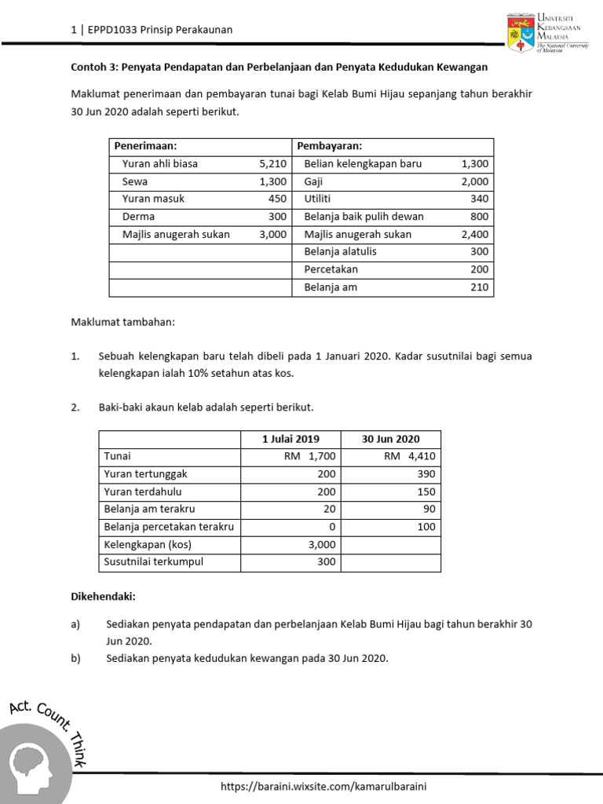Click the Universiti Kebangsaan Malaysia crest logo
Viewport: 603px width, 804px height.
coord(521,32)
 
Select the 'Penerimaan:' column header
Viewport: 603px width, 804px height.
coord(145,146)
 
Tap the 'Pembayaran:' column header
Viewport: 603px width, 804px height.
coord(334,146)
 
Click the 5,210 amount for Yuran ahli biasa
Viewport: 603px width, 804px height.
coord(272,164)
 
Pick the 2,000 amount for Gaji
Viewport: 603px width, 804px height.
coord(474,181)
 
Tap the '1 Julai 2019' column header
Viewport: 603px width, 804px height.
coord(291,439)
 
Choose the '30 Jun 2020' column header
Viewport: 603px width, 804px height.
coord(390,439)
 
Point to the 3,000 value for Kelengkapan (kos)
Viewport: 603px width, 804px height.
coord(322,544)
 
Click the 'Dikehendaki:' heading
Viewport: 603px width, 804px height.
coord(103,598)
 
